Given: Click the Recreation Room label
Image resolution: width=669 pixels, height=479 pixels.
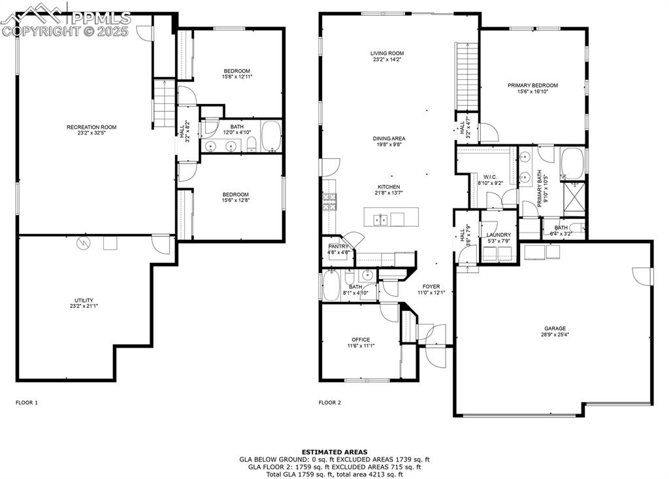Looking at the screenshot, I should coord(91,127).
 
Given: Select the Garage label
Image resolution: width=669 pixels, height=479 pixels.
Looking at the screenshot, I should coord(555,329).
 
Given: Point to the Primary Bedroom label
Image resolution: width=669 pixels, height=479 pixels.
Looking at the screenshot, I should coord(533,86).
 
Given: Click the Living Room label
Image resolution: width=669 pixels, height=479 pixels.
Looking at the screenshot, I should coord(387,54).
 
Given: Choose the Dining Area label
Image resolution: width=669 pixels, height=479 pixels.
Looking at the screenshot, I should coord(389,139).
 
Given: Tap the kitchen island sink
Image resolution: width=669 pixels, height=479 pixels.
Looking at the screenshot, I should coord(380,220).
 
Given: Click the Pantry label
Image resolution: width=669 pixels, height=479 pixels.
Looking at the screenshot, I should coord(337,246).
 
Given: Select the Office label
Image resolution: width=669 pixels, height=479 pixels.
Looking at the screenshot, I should coord(361,340).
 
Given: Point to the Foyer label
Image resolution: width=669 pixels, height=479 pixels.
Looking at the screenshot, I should coord(431,286).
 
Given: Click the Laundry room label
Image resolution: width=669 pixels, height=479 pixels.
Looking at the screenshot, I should coord(498,235).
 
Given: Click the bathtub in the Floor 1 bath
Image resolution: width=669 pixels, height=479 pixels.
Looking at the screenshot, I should coord(270,136).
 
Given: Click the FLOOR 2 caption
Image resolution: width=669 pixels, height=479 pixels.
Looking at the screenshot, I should coord(330,403).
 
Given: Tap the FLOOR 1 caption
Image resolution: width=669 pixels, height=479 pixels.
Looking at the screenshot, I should coord(27,403).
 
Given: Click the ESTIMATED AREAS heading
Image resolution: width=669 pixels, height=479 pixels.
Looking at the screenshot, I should coord(334,452).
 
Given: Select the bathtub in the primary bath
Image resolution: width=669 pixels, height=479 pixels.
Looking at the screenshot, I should coord(573,163).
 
